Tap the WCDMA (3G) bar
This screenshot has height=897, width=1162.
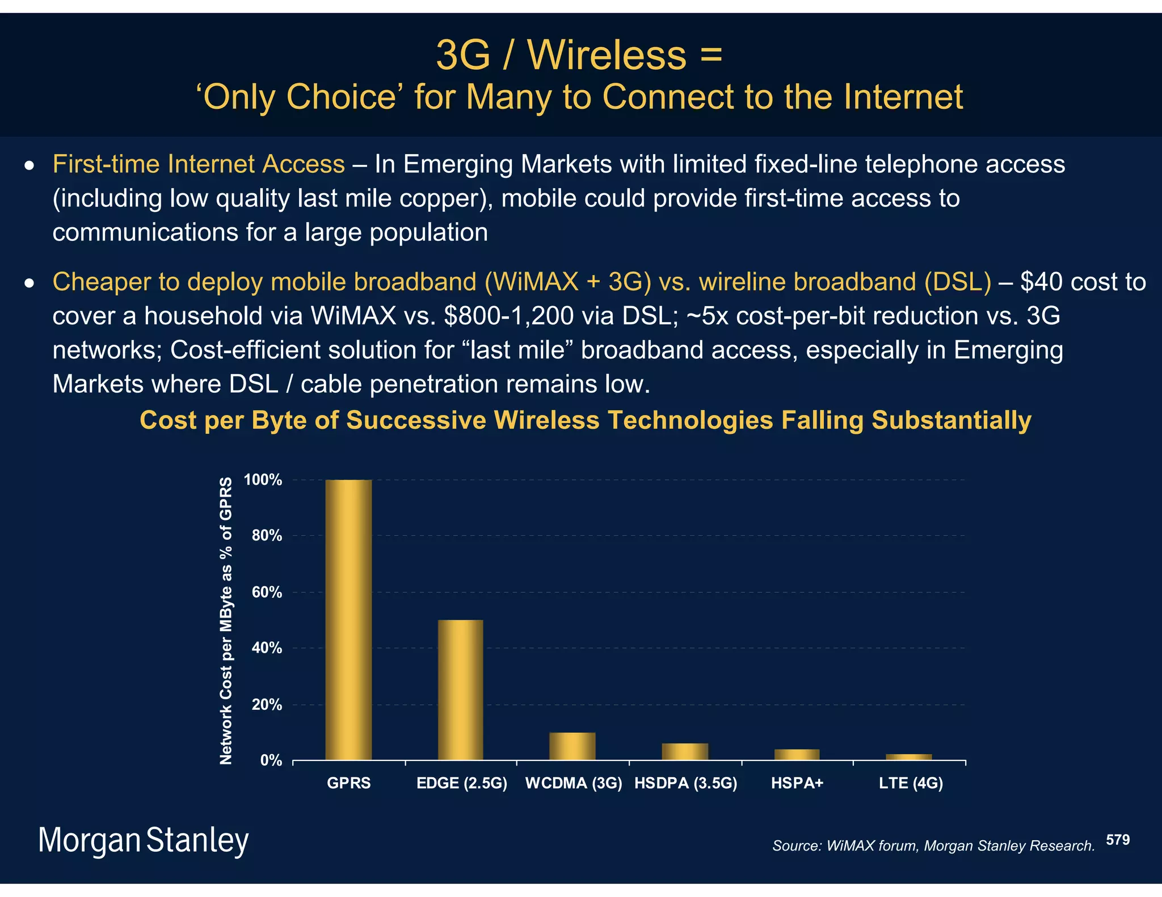(x=572, y=746)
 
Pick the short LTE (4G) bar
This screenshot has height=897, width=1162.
(x=909, y=757)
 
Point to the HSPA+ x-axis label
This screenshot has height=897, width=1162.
(x=797, y=783)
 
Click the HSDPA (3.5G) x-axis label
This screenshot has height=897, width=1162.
(x=685, y=783)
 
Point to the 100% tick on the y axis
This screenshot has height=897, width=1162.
(x=263, y=480)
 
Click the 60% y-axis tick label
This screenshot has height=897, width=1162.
(x=267, y=593)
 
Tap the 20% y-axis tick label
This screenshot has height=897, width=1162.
(x=267, y=705)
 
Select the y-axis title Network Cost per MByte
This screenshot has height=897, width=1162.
(x=226, y=620)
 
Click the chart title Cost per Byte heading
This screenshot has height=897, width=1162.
(x=585, y=420)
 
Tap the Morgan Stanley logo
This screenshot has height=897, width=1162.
(x=143, y=840)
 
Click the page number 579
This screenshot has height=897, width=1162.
(x=1118, y=840)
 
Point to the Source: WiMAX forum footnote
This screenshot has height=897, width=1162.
(x=933, y=846)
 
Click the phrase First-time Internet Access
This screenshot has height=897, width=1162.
(x=199, y=164)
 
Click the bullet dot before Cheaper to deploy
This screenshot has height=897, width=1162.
(x=30, y=282)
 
